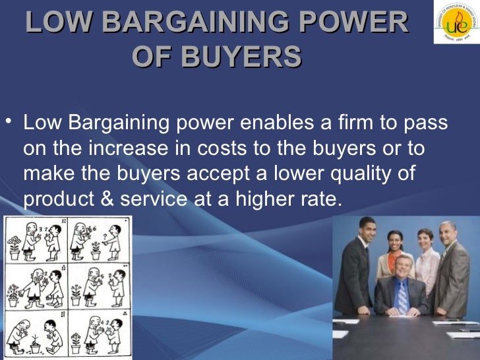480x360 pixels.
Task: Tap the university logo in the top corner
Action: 456,23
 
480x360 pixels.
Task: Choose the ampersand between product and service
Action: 108,198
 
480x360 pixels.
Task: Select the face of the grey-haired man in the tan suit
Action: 448,233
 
